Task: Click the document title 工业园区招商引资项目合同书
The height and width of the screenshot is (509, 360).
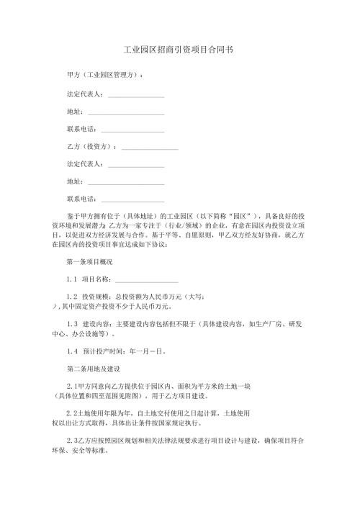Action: point(179,51)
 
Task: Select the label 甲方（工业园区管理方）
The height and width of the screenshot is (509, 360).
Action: point(103,75)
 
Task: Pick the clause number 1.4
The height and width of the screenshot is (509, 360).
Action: point(71,351)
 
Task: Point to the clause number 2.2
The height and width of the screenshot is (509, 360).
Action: point(71,414)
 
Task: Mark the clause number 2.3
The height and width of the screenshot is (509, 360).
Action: point(71,440)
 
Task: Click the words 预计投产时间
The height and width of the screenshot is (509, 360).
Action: point(104,351)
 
